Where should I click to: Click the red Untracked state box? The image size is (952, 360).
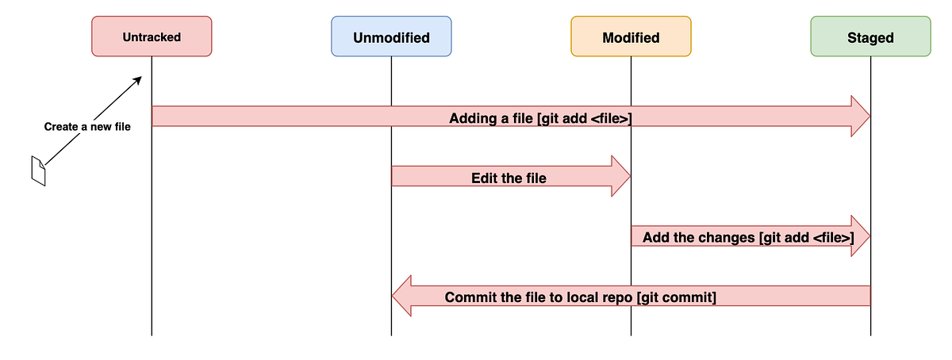pos(152,36)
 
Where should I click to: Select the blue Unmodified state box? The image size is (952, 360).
pos(391,37)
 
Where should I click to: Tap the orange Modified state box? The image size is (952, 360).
pos(631,37)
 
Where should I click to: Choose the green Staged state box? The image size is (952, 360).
pos(870,37)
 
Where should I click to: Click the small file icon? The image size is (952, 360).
pos(38,171)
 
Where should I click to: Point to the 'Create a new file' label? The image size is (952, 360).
pos(87,127)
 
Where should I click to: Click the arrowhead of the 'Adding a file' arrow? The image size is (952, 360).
pos(860,117)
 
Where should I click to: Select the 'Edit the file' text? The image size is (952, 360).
pos(509,178)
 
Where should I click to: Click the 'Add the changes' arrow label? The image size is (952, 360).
pos(748,238)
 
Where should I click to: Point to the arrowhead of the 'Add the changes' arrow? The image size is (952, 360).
pos(860,236)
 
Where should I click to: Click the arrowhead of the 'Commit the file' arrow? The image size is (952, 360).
pos(402,296)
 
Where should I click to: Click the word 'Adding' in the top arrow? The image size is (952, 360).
pos(473,119)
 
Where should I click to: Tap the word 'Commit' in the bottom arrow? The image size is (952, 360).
pos(470,298)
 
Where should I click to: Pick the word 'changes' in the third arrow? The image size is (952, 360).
pos(726,238)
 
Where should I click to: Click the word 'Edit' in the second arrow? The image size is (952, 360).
pos(485,178)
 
